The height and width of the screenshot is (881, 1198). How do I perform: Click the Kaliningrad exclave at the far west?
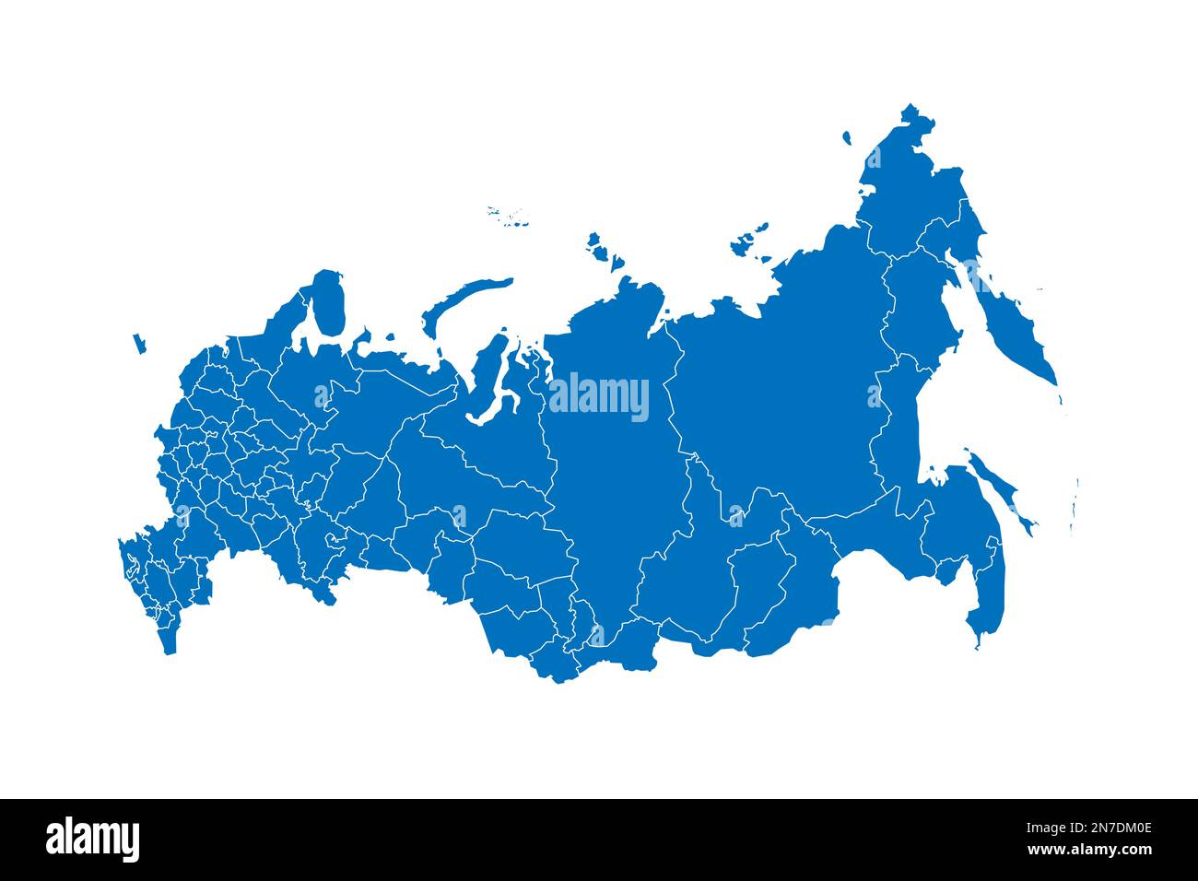tap(139, 344)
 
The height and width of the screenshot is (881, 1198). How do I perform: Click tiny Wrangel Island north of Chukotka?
tap(846, 138)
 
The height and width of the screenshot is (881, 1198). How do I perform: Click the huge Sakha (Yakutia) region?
tap(783, 387)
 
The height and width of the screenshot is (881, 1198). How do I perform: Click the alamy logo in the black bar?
tap(93, 840)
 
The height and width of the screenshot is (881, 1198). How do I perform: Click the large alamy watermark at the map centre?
tap(599, 398)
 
